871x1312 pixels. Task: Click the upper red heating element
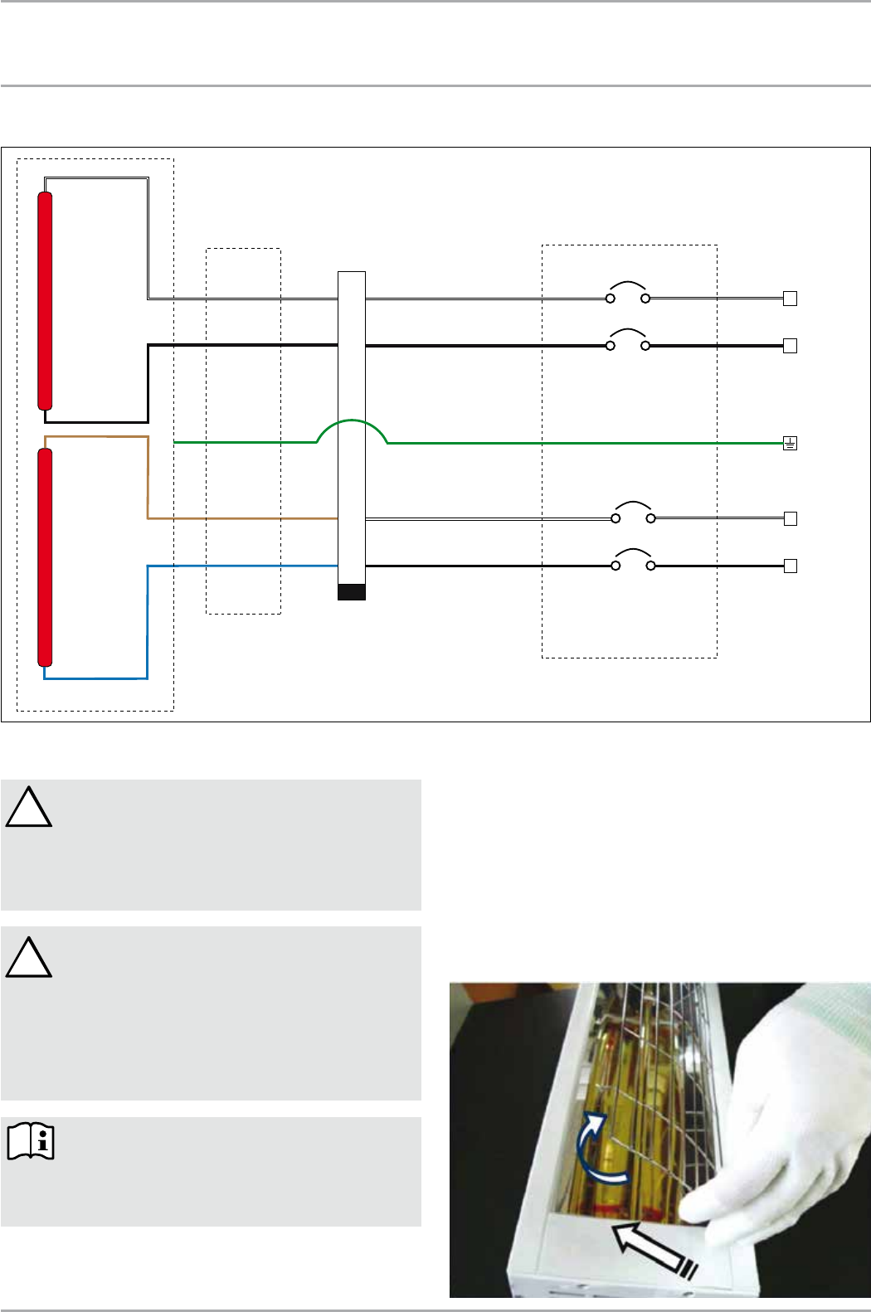click(46, 301)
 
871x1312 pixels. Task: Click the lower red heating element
click(46, 557)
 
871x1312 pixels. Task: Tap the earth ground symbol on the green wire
click(790, 444)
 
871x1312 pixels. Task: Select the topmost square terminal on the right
click(790, 299)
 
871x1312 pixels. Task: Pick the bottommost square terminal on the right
click(790, 566)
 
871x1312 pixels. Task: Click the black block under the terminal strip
click(352, 591)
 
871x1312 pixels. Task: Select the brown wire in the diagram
click(148, 481)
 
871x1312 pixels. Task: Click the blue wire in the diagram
click(148, 622)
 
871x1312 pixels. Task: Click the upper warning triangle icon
click(29, 809)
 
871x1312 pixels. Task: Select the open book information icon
click(31, 1141)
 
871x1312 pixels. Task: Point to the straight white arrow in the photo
click(652, 1248)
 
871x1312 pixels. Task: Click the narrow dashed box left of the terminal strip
click(243, 430)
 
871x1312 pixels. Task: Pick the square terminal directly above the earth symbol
click(790, 346)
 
